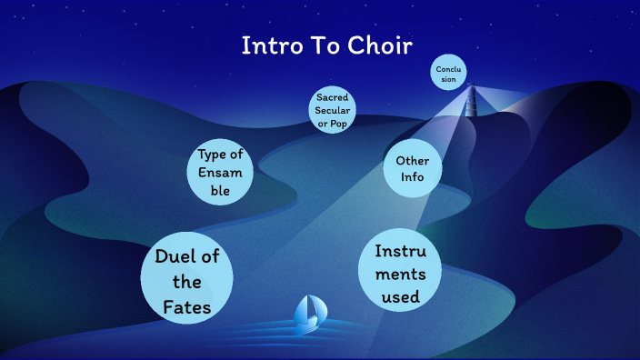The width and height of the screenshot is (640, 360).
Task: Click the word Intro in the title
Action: pos(265,46)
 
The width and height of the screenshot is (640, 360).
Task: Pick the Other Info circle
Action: pos(413,169)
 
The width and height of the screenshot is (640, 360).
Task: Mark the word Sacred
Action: pos(333,96)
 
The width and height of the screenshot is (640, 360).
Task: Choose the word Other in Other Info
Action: pos(413,160)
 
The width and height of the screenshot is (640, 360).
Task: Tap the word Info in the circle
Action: pos(413,178)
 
